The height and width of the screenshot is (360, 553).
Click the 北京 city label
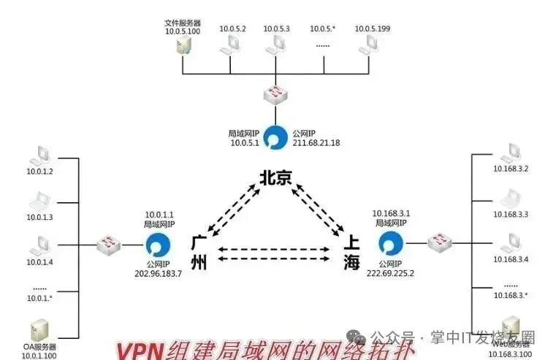click(x=275, y=177)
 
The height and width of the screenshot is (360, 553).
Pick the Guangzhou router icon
click(x=158, y=245)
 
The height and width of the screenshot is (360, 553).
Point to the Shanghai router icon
click(x=391, y=244)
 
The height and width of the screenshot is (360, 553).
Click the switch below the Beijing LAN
click(x=275, y=95)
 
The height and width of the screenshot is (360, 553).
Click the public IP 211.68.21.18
click(x=316, y=143)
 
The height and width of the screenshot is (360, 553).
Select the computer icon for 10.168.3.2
click(x=511, y=154)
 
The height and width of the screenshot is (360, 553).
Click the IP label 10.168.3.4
click(x=511, y=259)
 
